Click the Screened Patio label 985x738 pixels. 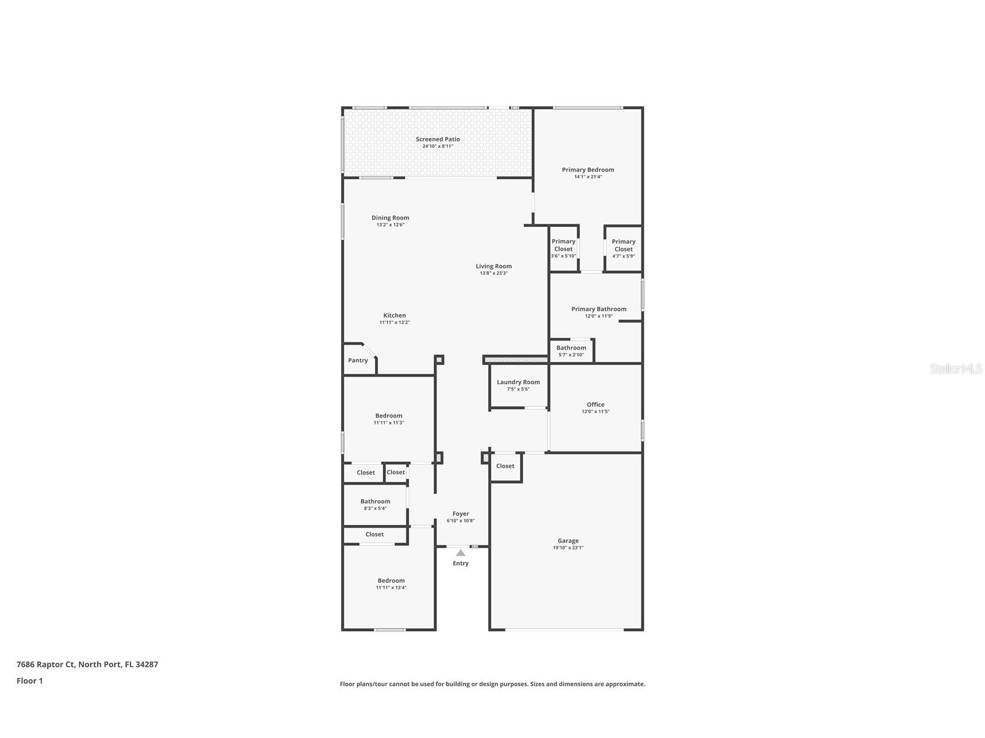[438, 139]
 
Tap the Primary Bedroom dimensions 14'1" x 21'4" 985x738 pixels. [588, 177]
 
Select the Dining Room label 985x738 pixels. [391, 218]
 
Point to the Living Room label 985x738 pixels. [494, 266]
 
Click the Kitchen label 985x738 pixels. [395, 316]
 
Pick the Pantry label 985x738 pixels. [358, 360]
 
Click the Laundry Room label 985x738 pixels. [518, 382]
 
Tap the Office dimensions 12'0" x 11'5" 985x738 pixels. [596, 412]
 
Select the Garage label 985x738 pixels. [568, 541]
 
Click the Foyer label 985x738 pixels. [461, 513]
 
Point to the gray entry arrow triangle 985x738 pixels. [460, 553]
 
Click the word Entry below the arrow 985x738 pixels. [461, 563]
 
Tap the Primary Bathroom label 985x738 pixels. [599, 309]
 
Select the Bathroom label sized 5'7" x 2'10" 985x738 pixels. [571, 348]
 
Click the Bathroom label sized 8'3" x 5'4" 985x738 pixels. [376, 501]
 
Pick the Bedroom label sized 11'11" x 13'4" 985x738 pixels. [391, 581]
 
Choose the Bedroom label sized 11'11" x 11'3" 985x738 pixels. [389, 416]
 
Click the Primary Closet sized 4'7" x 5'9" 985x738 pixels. [624, 245]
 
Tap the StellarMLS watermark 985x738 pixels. [956, 368]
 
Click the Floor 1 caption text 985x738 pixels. [30, 681]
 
